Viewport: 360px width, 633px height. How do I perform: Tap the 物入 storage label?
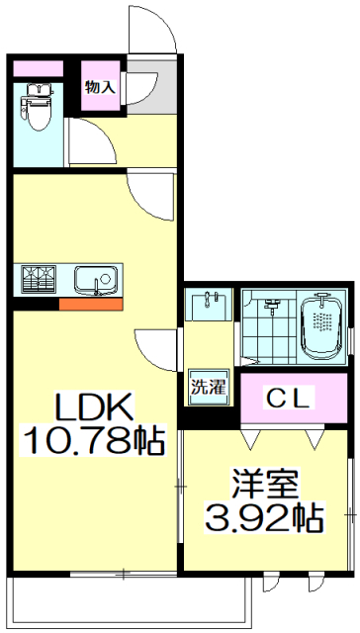[x=100, y=87]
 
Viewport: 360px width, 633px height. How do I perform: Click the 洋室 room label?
[x=265, y=486]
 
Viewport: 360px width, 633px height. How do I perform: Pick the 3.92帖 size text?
[x=264, y=516]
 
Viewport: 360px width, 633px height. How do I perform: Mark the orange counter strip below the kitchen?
[x=90, y=304]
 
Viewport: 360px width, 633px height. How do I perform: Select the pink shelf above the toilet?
[x=37, y=69]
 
